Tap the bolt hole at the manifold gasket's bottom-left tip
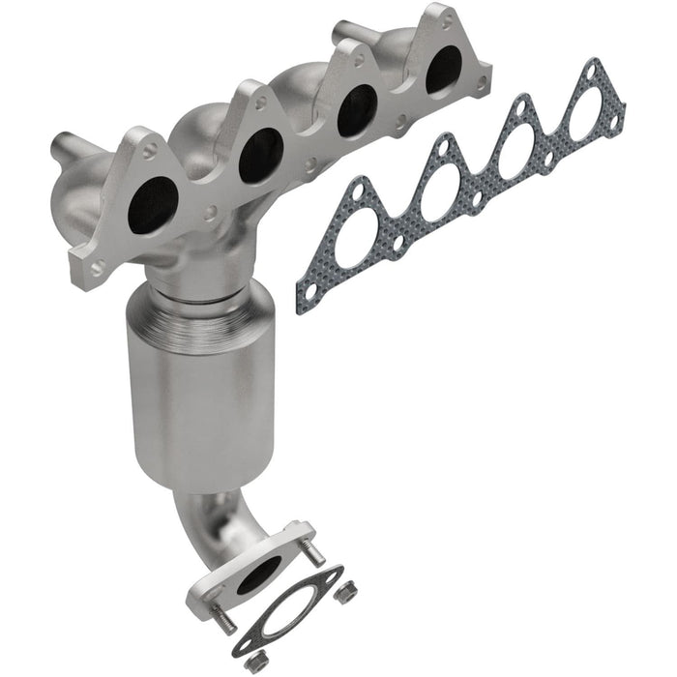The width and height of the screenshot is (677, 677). (x=309, y=287)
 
